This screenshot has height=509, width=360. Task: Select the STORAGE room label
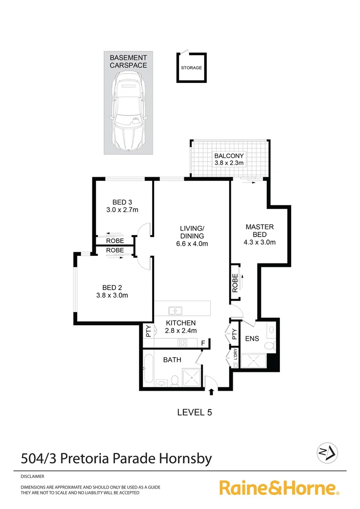point(191,68)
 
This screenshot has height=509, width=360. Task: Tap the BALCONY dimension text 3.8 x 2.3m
point(229,163)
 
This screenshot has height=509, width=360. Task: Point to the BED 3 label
point(122,203)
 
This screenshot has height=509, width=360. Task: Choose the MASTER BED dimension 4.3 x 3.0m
point(260,242)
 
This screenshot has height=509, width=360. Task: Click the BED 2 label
point(112,287)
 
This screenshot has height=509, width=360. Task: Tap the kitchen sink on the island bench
point(176,311)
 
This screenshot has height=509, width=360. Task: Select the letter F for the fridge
point(203,343)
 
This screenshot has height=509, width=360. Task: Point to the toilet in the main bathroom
point(174,380)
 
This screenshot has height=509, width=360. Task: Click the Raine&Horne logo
point(279,488)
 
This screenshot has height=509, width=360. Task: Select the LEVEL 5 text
point(194,412)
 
